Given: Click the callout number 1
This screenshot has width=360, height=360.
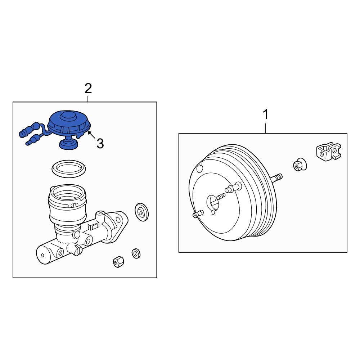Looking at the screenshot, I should click(265, 115).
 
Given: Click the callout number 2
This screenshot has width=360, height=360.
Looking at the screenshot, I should click(88, 88).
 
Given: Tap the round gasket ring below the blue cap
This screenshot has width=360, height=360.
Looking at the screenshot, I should click(68, 169).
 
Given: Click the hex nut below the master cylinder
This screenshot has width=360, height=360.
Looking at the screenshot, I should click(118, 262).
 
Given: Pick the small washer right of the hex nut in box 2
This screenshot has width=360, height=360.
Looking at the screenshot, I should click(136, 253).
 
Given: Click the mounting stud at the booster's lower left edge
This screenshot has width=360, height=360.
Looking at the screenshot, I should click(196, 215).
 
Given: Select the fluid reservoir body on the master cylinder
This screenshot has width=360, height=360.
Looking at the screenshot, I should click(68, 209).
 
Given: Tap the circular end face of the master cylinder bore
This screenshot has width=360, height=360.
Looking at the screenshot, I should click(43, 255).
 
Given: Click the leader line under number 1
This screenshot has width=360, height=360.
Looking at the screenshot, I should click(266, 127).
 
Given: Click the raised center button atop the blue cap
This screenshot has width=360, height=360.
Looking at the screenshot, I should click(66, 117).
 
